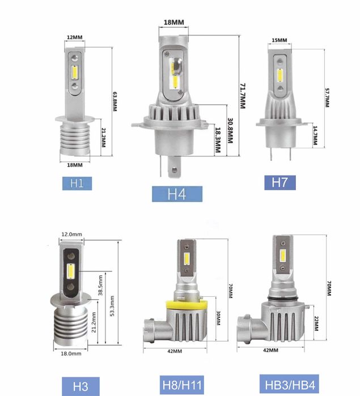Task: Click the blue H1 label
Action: point(77,182)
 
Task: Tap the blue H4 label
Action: point(177,193)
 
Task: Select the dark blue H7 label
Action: point(279,182)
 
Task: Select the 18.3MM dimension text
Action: point(218,140)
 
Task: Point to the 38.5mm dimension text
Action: point(100,287)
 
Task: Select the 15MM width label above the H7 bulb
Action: point(279,40)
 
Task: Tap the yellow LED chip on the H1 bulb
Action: point(74,73)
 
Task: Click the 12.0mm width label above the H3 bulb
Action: point(72,234)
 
